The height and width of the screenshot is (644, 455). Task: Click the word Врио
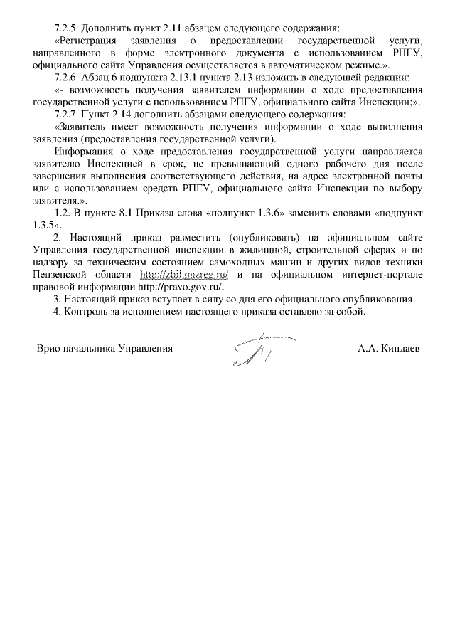coord(49,349)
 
